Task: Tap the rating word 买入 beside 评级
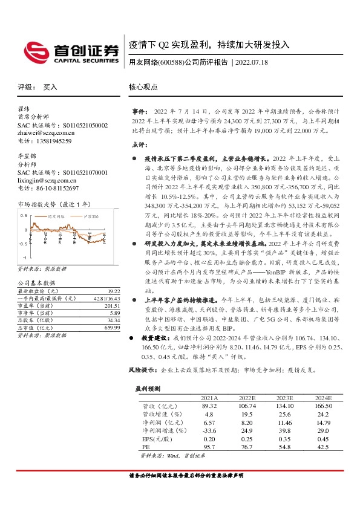click(x=50, y=87)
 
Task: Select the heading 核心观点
click(x=143, y=87)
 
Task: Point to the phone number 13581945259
click(x=53, y=141)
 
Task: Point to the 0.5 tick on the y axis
click(x=24, y=215)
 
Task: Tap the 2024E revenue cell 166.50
click(x=323, y=406)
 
